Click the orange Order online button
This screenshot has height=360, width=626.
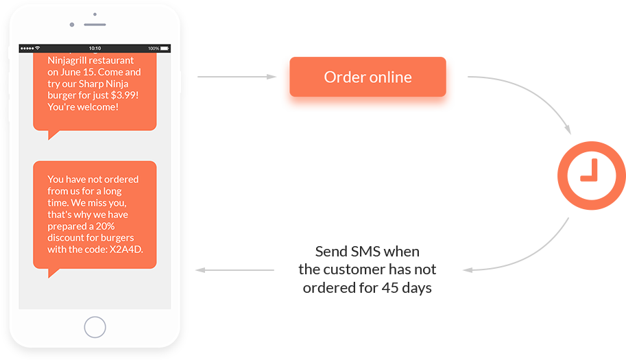pos(368,77)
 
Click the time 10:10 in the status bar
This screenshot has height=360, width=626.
pos(95,48)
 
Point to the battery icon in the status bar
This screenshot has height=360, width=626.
pos(165,48)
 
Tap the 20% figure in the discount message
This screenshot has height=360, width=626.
pos(106,226)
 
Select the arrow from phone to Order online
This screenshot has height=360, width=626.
pos(237,77)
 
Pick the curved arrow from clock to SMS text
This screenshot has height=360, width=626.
pos(531,256)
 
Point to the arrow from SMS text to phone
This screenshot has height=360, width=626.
pos(234,270)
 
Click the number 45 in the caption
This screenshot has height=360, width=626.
pos(390,288)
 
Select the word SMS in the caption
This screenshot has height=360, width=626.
pos(365,252)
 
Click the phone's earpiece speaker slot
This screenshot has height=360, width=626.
pos(95,25)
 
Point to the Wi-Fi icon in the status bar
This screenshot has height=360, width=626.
pos(38,48)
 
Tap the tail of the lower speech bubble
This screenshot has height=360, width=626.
pos(53,273)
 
